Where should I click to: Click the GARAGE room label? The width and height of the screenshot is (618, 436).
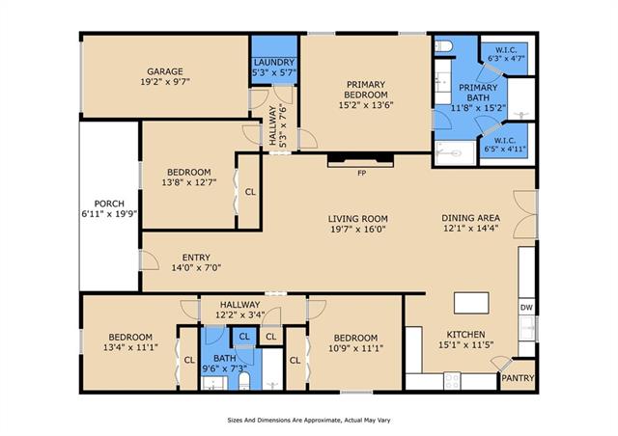[x=165, y=71]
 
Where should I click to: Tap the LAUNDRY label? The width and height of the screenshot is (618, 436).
[x=274, y=63]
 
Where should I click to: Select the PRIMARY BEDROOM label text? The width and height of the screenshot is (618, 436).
[x=366, y=90]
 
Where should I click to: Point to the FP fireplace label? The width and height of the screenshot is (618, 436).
[x=361, y=173]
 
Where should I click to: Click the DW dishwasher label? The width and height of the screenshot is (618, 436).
[x=526, y=308]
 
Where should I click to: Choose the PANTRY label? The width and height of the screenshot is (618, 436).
[x=518, y=378]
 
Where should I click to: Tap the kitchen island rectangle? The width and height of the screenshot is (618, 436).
[x=471, y=303]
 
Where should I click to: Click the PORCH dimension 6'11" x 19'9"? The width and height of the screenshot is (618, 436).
[x=109, y=214]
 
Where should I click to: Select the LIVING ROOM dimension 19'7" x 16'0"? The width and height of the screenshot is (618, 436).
[x=358, y=229]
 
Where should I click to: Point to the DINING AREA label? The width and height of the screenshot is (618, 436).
[x=470, y=218]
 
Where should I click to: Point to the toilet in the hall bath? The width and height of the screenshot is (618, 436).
[x=244, y=380]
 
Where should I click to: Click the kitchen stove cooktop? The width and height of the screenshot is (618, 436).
[x=452, y=380]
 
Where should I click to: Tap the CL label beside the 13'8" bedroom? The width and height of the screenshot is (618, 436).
[x=250, y=192]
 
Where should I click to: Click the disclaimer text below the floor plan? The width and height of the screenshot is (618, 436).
[x=309, y=421]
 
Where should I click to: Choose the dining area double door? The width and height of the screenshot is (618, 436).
[x=525, y=215]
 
